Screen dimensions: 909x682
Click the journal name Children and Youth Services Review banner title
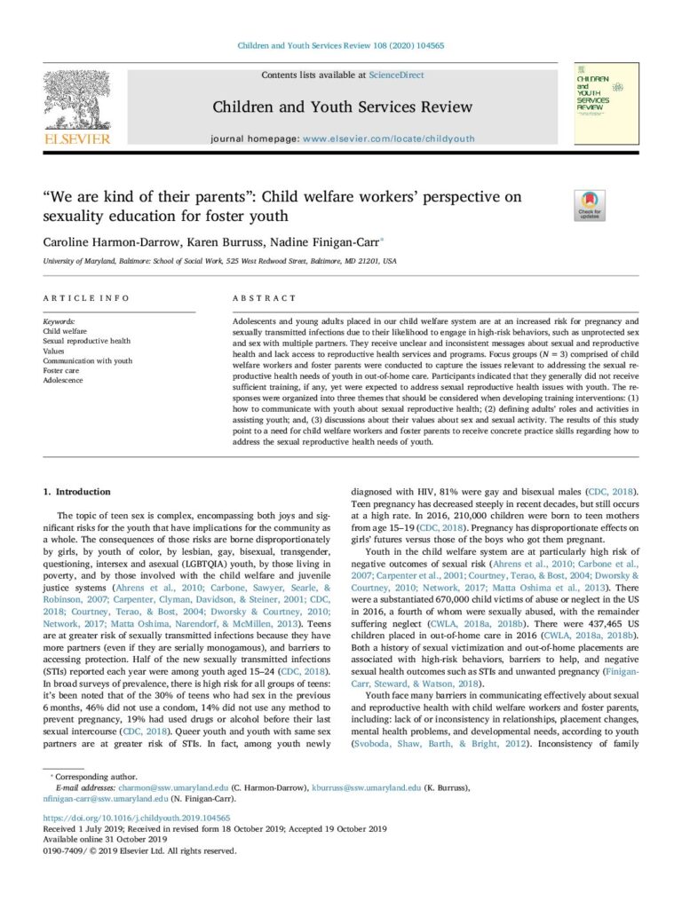342,107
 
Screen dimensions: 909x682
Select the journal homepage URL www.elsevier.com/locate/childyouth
389,139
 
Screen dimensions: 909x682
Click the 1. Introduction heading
77,491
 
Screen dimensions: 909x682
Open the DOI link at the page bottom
137,818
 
